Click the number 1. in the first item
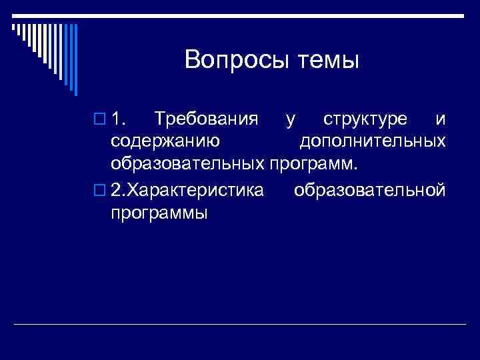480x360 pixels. point(121,120)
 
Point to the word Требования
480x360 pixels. point(205,120)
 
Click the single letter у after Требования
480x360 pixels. point(289,121)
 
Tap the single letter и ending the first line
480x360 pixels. point(439,121)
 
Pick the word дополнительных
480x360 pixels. point(373,141)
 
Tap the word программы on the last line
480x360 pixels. point(159,213)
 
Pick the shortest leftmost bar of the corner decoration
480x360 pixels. point(13,27)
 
